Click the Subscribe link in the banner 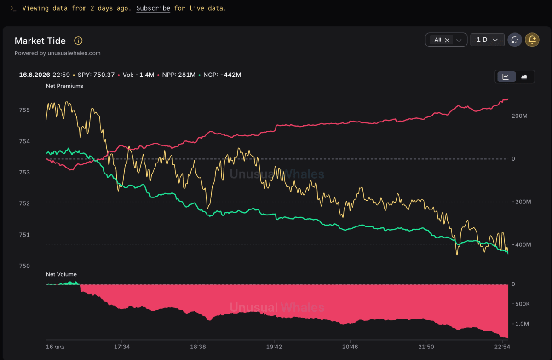point(153,8)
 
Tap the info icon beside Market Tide point(78,41)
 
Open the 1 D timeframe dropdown point(487,40)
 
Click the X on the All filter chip point(447,40)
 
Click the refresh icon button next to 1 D point(515,40)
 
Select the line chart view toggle point(506,77)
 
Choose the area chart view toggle point(524,77)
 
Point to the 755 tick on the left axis point(24,110)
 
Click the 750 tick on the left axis point(24,266)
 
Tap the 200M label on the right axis point(519,116)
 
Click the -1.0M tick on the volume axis point(520,324)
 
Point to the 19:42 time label point(274,347)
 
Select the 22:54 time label point(502,347)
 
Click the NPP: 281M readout point(178,75)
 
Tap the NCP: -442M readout point(222,75)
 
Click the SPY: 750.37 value point(96,75)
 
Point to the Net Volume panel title point(61,274)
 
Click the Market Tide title point(40,41)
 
